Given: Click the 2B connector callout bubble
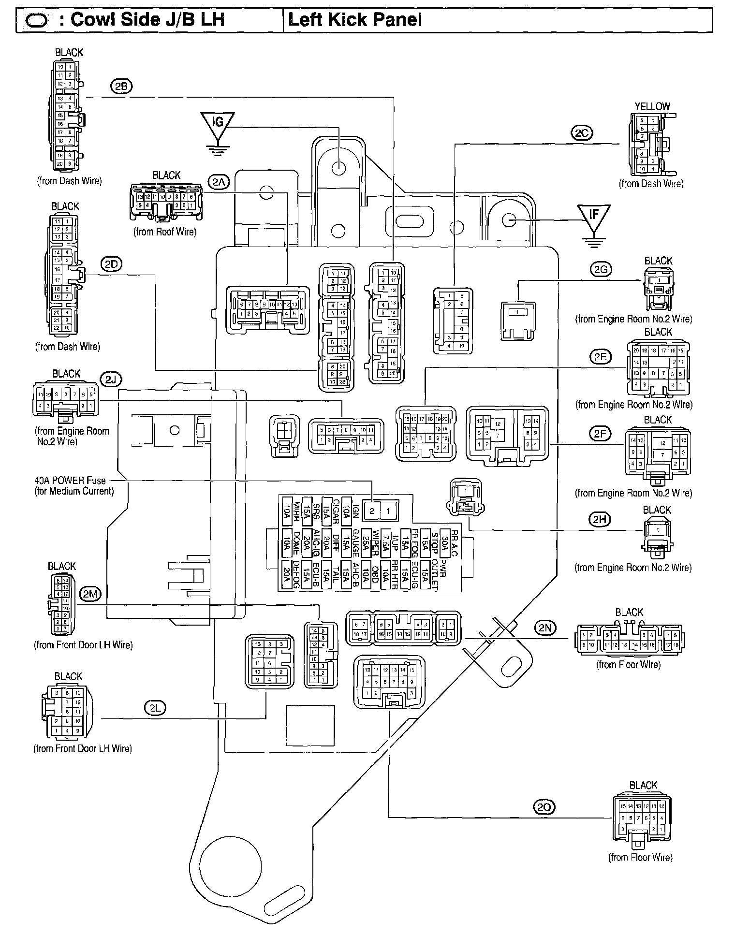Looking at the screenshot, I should click(121, 87).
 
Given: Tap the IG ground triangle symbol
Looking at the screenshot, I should click(218, 124).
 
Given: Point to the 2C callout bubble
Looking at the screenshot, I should click(581, 133).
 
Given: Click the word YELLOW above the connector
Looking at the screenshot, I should click(652, 106).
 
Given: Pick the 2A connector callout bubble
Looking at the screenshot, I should click(218, 182).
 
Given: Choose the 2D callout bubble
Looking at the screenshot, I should click(111, 264).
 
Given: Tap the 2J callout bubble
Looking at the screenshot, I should click(111, 380).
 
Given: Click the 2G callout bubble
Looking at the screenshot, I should click(601, 269).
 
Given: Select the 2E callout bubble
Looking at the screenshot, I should click(600, 357).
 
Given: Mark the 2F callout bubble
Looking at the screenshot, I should click(600, 434).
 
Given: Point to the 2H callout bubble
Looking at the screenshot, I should click(600, 520).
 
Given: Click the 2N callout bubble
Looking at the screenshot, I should click(545, 628).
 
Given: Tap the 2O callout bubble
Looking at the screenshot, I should click(544, 806).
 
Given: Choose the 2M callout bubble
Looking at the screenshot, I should click(90, 594).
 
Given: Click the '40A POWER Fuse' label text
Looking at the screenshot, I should click(70, 481).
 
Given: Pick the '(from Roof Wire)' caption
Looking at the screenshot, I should click(165, 232).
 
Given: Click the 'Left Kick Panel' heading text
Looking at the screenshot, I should click(355, 20).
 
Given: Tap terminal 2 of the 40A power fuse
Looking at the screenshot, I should click(372, 511).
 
